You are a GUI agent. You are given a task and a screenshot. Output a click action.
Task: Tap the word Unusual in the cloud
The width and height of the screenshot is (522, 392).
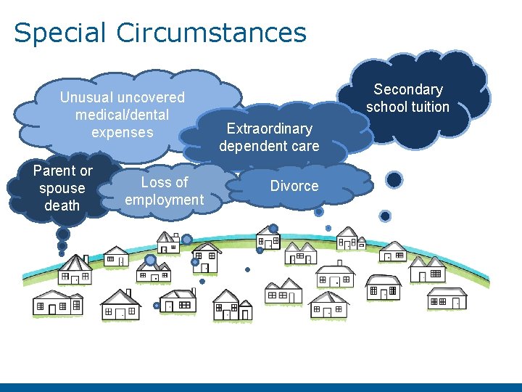(87, 97)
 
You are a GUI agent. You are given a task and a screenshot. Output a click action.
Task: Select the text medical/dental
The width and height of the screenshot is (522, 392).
(122, 115)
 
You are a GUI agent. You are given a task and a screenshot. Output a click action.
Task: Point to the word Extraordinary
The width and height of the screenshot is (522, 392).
(269, 129)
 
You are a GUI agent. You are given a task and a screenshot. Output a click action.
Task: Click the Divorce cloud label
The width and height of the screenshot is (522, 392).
(294, 186)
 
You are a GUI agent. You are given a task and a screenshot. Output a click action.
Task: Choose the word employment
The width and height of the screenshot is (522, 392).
(165, 200)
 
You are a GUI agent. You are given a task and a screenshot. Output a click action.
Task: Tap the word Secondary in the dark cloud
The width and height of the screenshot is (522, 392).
(408, 90)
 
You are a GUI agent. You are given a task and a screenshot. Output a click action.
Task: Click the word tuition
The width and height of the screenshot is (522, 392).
(431, 107)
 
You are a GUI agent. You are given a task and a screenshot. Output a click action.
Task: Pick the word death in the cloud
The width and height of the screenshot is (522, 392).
(62, 205)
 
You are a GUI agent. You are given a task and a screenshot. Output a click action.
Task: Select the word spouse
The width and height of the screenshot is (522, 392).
(62, 189)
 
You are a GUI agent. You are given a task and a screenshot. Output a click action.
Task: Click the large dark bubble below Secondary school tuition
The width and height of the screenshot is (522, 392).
(394, 179)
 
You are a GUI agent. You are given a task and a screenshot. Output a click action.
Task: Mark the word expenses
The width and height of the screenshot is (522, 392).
(123, 132)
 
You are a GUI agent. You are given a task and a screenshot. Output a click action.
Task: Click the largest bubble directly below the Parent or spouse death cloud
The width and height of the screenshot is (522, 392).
(63, 234)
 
